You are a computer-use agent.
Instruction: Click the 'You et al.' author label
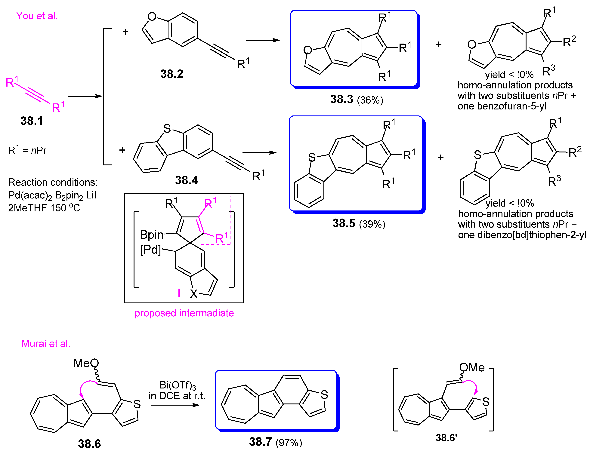click(37, 16)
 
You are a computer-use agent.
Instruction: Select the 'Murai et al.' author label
click(46, 344)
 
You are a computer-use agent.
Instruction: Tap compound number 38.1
click(32, 121)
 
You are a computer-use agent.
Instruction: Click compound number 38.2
click(172, 74)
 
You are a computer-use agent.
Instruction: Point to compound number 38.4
click(186, 180)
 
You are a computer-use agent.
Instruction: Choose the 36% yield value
click(370, 100)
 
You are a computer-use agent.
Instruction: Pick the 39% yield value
click(372, 224)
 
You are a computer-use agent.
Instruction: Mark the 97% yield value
click(289, 442)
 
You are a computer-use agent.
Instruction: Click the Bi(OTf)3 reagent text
click(178, 385)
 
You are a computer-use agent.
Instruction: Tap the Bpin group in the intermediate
click(152, 235)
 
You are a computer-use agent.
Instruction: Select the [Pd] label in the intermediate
click(150, 250)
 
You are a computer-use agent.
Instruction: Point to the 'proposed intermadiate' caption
click(184, 313)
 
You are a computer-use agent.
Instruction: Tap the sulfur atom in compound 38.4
click(167, 129)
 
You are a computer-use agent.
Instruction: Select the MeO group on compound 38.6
click(86, 363)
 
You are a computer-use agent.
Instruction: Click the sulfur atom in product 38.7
click(324, 395)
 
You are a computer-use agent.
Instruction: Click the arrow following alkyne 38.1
click(85, 96)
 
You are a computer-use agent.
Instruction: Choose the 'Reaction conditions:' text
click(53, 182)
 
